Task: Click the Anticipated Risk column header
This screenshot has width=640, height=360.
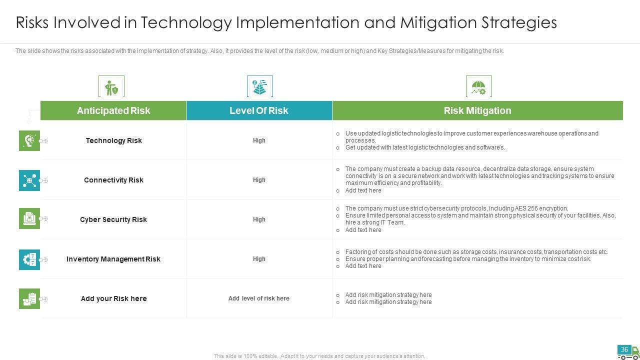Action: click(x=113, y=110)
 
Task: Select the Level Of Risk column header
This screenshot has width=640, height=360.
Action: click(x=259, y=110)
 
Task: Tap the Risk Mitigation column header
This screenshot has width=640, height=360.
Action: click(x=477, y=110)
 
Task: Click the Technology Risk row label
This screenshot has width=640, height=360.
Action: click(x=113, y=140)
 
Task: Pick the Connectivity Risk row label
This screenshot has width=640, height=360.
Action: click(x=113, y=180)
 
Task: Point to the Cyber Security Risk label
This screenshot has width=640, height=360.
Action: click(x=113, y=219)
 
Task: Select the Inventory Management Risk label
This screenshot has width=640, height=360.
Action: click(x=113, y=259)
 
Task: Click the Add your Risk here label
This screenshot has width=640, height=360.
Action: click(x=113, y=298)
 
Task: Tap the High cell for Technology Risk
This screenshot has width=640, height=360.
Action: click(x=259, y=140)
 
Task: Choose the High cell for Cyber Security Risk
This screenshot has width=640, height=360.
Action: click(x=259, y=219)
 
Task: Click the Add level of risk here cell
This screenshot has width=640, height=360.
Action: click(x=258, y=298)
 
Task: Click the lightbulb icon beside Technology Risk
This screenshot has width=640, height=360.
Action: click(x=29, y=140)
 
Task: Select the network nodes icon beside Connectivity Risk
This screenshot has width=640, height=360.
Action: click(x=29, y=180)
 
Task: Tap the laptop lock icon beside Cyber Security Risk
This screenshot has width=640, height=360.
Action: click(x=29, y=218)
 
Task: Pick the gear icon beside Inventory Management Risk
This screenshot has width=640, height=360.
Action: click(x=29, y=259)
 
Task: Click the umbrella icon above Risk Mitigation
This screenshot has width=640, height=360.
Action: click(x=478, y=87)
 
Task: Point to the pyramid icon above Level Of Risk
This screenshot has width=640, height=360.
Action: click(x=259, y=87)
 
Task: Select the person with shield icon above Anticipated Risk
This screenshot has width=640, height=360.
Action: click(x=111, y=87)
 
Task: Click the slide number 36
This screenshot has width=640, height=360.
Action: click(x=624, y=349)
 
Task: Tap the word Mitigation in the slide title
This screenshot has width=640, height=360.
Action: click(x=438, y=22)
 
